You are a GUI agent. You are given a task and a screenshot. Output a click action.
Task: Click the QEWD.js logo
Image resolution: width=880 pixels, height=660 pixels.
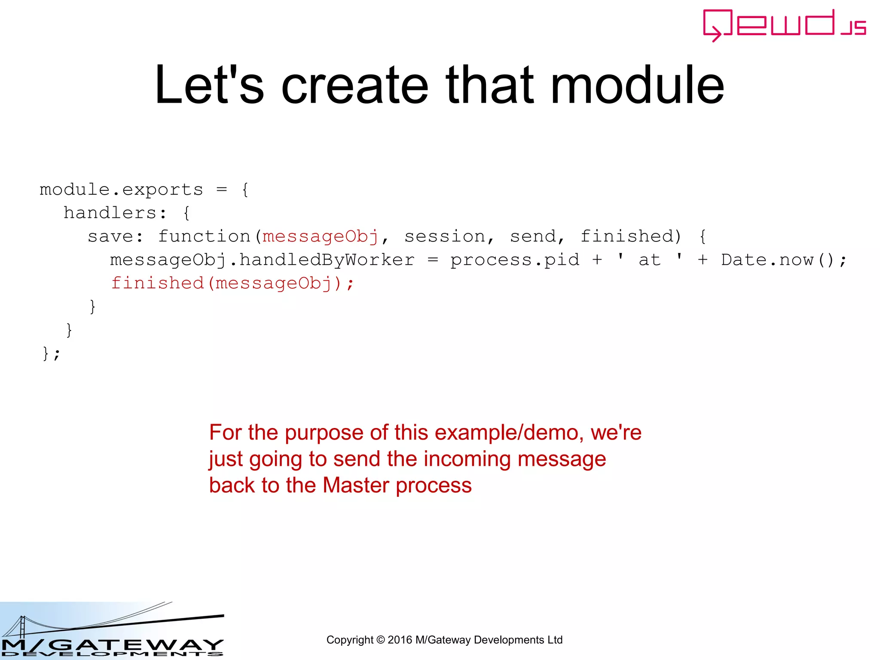tap(784, 25)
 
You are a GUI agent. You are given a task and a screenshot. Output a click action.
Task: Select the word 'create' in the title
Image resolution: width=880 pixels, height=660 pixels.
tap(354, 85)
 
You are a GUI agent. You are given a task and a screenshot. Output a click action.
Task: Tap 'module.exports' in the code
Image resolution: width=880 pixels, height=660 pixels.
tap(121, 189)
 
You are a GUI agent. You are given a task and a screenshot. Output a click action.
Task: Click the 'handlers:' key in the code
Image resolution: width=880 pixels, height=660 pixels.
tap(114, 213)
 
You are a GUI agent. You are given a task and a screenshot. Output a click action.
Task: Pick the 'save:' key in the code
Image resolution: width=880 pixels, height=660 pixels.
tap(115, 236)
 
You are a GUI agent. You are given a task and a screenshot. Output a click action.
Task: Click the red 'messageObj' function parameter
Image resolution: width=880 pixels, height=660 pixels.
tap(320, 236)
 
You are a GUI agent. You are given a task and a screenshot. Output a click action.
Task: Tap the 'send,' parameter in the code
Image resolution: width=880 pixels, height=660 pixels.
tap(537, 236)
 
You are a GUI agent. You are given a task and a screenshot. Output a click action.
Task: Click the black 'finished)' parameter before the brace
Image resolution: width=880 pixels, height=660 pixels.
tap(631, 236)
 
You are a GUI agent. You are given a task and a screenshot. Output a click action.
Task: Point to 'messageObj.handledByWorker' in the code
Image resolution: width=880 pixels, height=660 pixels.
tap(262, 260)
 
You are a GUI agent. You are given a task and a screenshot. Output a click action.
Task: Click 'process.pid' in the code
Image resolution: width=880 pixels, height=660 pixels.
tap(514, 260)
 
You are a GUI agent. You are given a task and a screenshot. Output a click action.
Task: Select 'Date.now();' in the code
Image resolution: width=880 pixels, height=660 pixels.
tap(783, 260)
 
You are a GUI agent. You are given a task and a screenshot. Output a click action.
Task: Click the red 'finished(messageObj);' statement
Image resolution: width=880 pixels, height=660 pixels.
tap(232, 284)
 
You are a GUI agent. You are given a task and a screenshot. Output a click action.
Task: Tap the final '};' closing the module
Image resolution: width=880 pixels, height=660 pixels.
tap(51, 354)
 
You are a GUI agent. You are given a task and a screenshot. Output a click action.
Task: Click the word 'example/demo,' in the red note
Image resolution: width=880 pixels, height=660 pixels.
tap(509, 432)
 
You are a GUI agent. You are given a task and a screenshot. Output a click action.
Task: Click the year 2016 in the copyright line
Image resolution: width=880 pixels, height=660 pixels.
tap(399, 640)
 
